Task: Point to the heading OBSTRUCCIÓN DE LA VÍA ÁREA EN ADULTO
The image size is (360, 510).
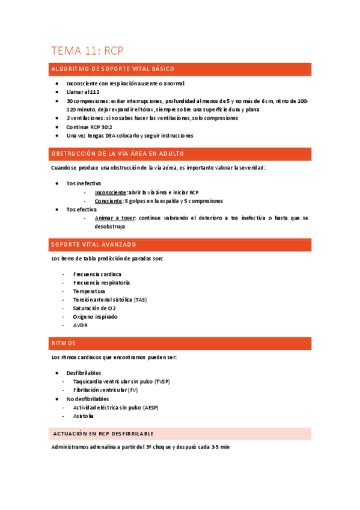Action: pyautogui.click(x=118, y=153)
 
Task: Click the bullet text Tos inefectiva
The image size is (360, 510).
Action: pyautogui.click(x=84, y=183)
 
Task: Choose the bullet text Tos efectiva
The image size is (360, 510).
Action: pyautogui.click(x=81, y=209)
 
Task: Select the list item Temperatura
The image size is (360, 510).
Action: pyautogui.click(x=89, y=291)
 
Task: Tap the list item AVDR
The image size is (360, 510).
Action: pyautogui.click(x=80, y=325)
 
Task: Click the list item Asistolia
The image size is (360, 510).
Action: pyautogui.click(x=84, y=416)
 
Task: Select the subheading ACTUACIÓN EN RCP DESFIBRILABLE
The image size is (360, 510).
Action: pyautogui.click(x=103, y=433)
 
